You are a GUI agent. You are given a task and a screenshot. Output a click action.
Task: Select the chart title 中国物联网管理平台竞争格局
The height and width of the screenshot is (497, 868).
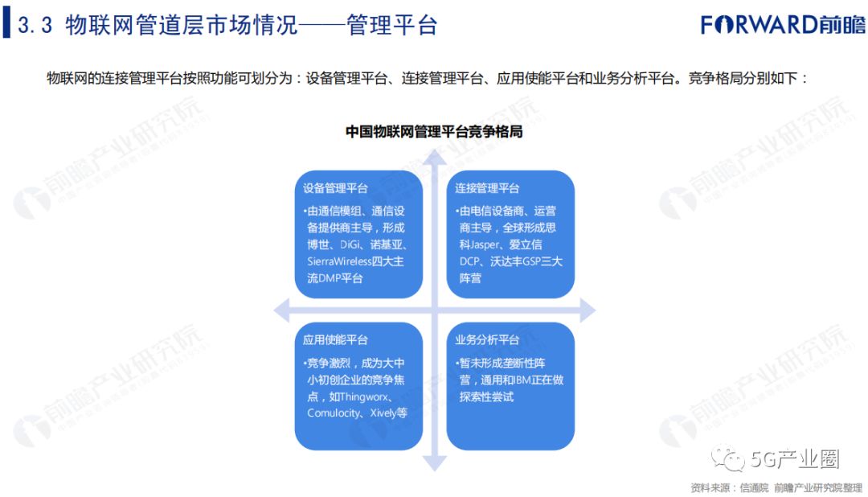(x=434, y=131)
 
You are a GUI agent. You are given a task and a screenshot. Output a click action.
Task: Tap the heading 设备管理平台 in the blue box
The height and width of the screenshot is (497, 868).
(x=336, y=188)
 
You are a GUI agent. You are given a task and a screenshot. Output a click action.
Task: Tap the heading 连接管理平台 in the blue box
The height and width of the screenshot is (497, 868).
(x=487, y=188)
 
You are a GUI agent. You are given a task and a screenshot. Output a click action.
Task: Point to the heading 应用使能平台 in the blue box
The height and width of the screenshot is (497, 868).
(x=336, y=340)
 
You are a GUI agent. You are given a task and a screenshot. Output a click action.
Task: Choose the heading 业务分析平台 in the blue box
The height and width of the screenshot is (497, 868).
(x=487, y=340)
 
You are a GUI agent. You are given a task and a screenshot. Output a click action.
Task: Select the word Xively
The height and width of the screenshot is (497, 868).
(x=386, y=413)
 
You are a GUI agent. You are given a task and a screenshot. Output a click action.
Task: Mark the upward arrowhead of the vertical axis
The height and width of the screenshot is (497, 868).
(x=435, y=158)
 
